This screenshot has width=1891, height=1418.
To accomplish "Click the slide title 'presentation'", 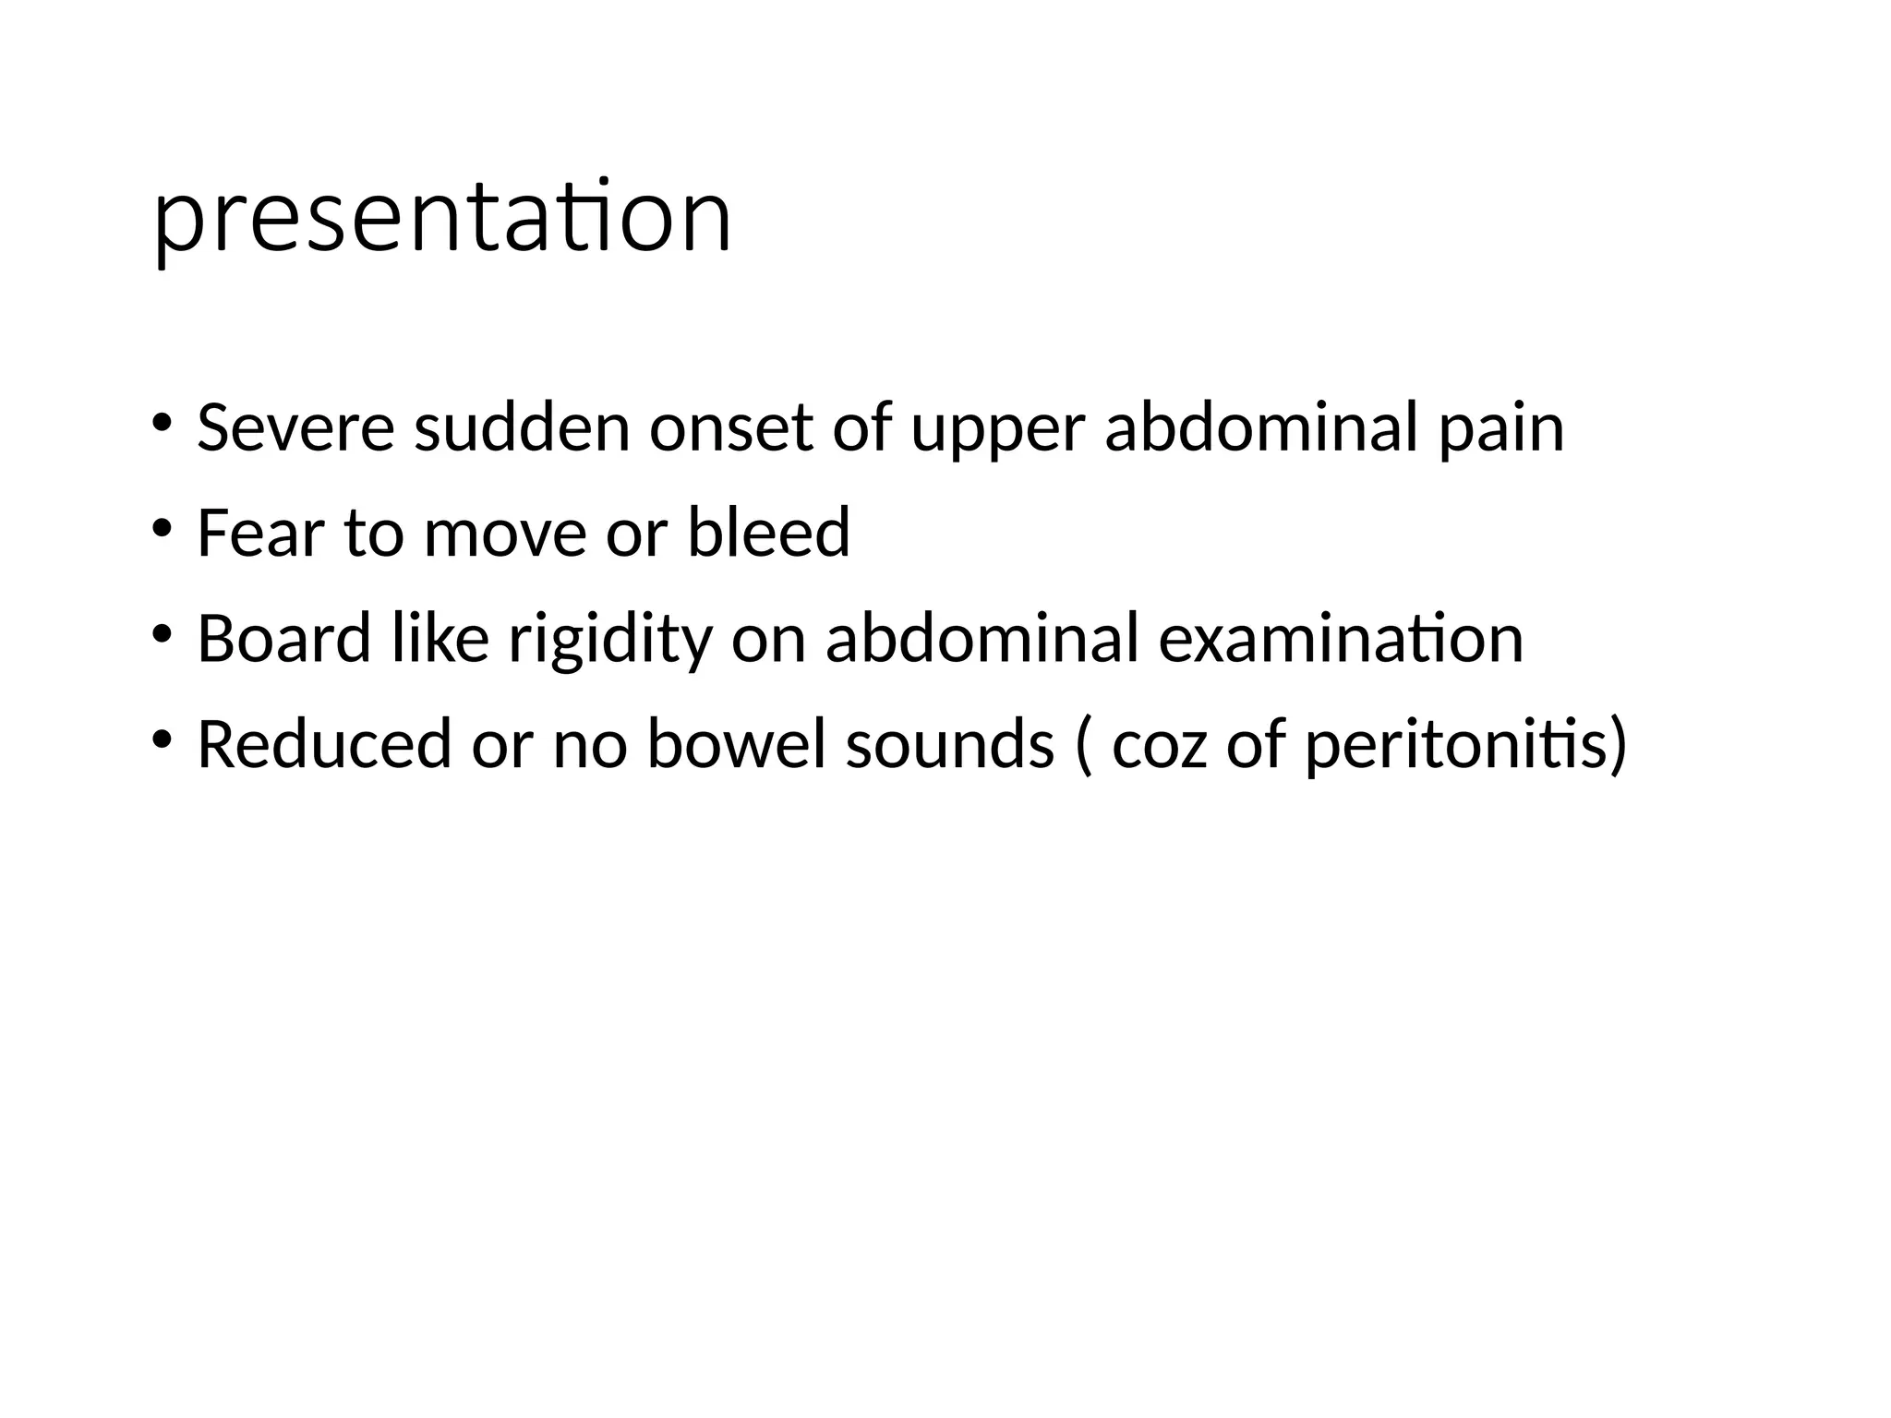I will pyautogui.click(x=442, y=219).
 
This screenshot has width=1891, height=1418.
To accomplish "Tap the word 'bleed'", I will pyautogui.click(x=768, y=534).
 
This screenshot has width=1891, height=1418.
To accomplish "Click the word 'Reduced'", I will pyautogui.click(x=324, y=744).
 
